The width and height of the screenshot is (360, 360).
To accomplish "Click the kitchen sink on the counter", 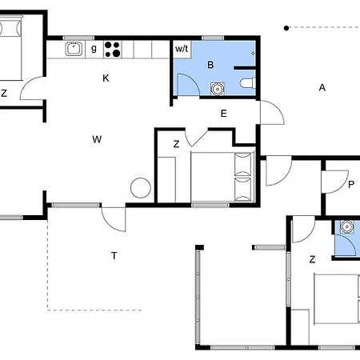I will tap(74, 50).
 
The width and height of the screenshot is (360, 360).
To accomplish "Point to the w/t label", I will tap(182, 50).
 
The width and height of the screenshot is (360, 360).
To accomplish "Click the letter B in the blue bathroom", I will tap(211, 65).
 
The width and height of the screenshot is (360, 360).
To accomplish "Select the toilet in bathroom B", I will tap(246, 83).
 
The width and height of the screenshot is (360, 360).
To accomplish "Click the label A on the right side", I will tap(322, 87).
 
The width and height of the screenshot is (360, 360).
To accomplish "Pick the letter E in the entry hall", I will tap(224, 114).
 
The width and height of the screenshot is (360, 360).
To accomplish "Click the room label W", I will tap(97, 139).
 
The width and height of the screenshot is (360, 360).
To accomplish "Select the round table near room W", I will tap(141, 187).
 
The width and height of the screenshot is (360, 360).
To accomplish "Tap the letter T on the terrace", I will tap(114, 255).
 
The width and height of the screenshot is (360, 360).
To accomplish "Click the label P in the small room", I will tap(351, 183).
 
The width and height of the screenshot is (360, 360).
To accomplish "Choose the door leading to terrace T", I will tap(114, 218).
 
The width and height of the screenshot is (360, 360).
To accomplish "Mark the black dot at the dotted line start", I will tap(286, 28).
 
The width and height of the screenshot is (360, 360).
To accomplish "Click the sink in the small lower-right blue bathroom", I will tap(346, 226).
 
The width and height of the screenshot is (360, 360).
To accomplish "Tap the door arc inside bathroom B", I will tap(186, 85).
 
